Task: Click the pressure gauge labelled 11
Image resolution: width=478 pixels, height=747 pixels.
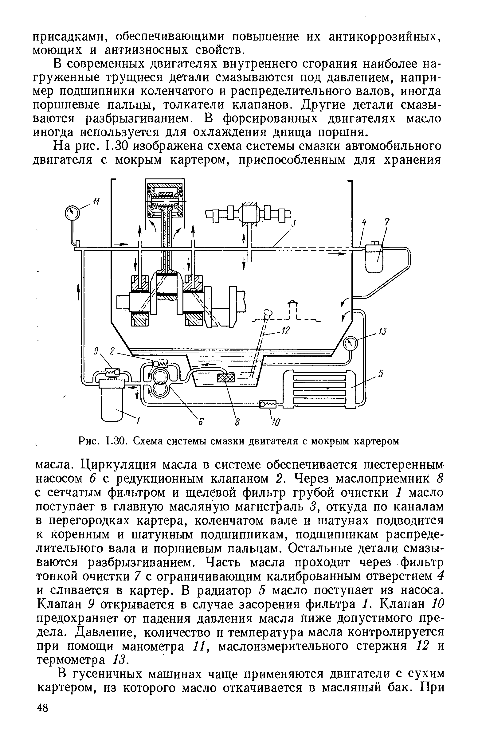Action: coord(72,213)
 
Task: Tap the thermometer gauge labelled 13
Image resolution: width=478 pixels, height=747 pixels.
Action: coord(351,343)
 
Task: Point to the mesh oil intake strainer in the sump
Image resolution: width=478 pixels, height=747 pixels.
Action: coord(226,378)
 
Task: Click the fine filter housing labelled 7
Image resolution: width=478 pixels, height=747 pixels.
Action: coord(374,258)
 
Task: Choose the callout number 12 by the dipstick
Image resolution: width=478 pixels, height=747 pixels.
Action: coord(285,332)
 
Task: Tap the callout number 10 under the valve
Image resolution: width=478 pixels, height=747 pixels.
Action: coord(276,422)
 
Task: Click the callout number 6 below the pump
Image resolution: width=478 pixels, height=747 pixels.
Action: coord(201,421)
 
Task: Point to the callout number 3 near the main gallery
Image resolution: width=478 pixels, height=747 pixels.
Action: coord(294,223)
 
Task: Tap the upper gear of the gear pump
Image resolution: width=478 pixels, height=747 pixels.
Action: coord(161,377)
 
